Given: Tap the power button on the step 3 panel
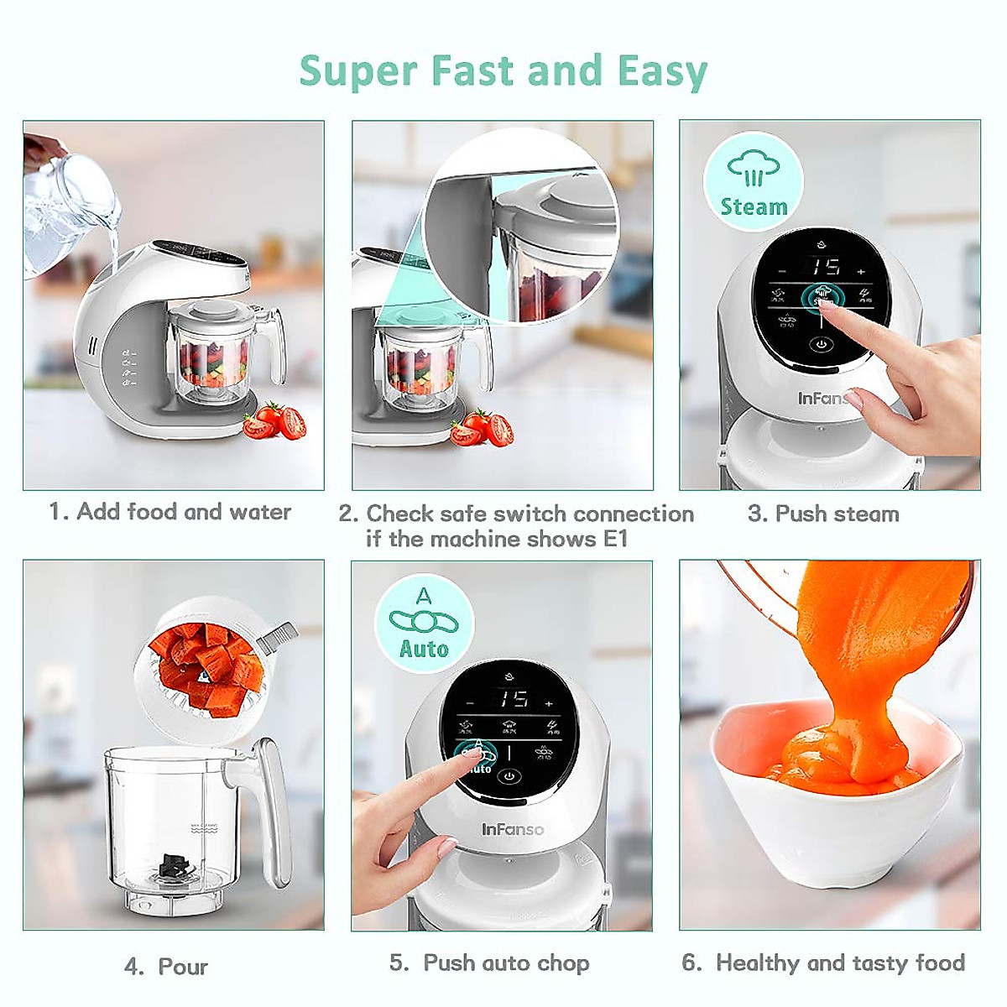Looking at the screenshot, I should [x=820, y=344].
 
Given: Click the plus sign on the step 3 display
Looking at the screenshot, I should [x=861, y=271].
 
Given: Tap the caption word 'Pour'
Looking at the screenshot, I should [x=183, y=967].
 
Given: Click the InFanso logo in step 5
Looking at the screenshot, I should [x=512, y=830].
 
